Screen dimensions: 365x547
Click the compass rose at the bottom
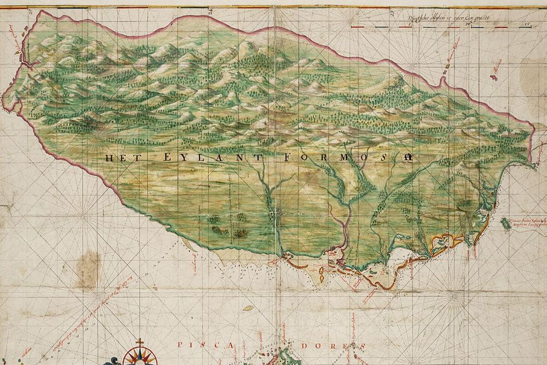coord(139,357)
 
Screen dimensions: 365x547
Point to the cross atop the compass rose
coord(139,342)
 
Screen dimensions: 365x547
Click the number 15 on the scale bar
coord(527,23)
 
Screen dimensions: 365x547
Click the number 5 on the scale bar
coord(411,23)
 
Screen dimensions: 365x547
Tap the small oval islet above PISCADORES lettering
coord(248,308)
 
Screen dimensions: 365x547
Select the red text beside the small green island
coord(529,221)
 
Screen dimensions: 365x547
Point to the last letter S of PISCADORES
coord(362,346)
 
